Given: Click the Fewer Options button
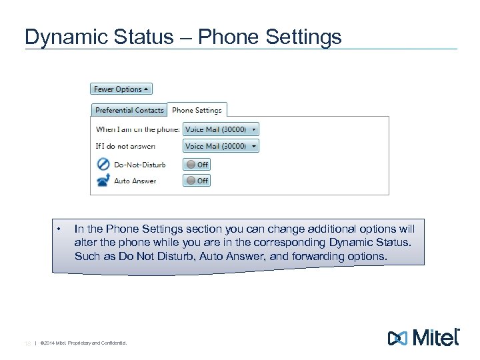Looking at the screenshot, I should (x=121, y=89).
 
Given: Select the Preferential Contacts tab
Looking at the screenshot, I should (x=129, y=110).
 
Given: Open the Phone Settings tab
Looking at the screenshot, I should (x=197, y=110).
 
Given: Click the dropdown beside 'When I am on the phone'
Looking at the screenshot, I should (x=220, y=129).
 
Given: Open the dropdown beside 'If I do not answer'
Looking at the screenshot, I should (x=220, y=146).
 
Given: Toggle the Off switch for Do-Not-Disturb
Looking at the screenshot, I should (x=197, y=165).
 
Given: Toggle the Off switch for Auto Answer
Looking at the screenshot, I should (x=197, y=181).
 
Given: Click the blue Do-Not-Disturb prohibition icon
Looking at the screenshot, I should (x=103, y=164).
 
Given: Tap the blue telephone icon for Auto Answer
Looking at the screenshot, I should (x=103, y=181).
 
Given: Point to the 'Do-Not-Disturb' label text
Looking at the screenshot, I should (x=139, y=165).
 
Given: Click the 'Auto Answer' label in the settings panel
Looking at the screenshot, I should (x=135, y=181).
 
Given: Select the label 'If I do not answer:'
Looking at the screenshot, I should (x=126, y=146).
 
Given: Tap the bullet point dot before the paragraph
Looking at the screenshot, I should (x=59, y=229).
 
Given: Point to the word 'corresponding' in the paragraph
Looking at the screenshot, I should (x=283, y=242).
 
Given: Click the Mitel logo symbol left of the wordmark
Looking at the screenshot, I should (x=398, y=337).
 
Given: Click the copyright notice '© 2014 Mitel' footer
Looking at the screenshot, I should (x=83, y=343).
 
